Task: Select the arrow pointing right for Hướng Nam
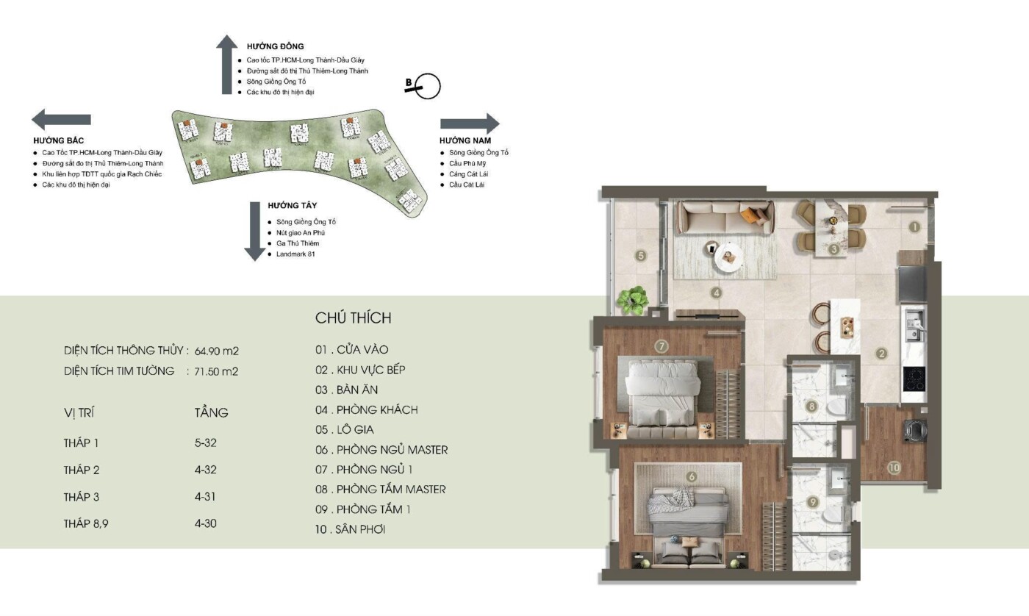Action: pos(470,123)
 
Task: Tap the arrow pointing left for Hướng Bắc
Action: pos(61,119)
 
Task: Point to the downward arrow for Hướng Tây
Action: pos(254,231)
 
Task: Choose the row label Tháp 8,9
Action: pos(87,523)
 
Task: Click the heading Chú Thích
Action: pos(354,318)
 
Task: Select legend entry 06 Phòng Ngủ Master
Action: pos(381,449)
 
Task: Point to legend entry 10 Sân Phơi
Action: pos(351,529)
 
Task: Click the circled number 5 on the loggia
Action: pos(641,256)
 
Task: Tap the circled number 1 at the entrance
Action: pos(914,227)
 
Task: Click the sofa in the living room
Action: pos(725,217)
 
